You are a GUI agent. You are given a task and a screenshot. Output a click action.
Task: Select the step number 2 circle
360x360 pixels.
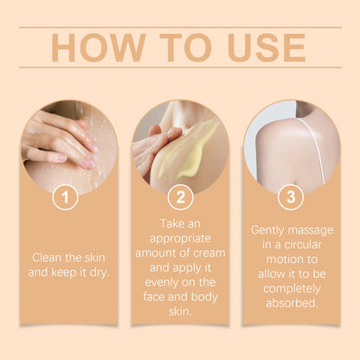(179, 198)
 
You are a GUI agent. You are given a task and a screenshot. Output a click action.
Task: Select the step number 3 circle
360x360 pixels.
(290, 198)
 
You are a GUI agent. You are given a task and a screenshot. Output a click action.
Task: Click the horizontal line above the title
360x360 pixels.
(179, 27)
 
